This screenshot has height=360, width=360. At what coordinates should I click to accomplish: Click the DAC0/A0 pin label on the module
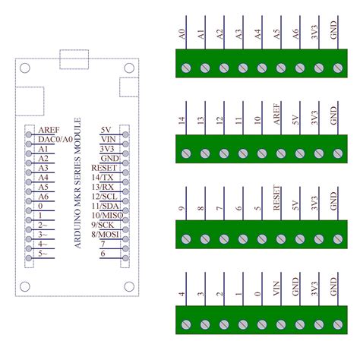click(x=55, y=139)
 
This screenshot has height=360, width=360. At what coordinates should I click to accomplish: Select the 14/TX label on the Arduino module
click(x=103, y=177)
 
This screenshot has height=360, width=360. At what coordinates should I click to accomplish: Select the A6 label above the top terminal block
click(x=296, y=34)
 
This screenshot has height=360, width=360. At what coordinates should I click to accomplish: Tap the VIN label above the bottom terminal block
click(x=277, y=291)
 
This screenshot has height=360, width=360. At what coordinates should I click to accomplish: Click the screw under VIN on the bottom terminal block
click(x=279, y=325)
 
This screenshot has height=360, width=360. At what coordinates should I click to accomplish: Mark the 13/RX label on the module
click(x=103, y=187)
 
